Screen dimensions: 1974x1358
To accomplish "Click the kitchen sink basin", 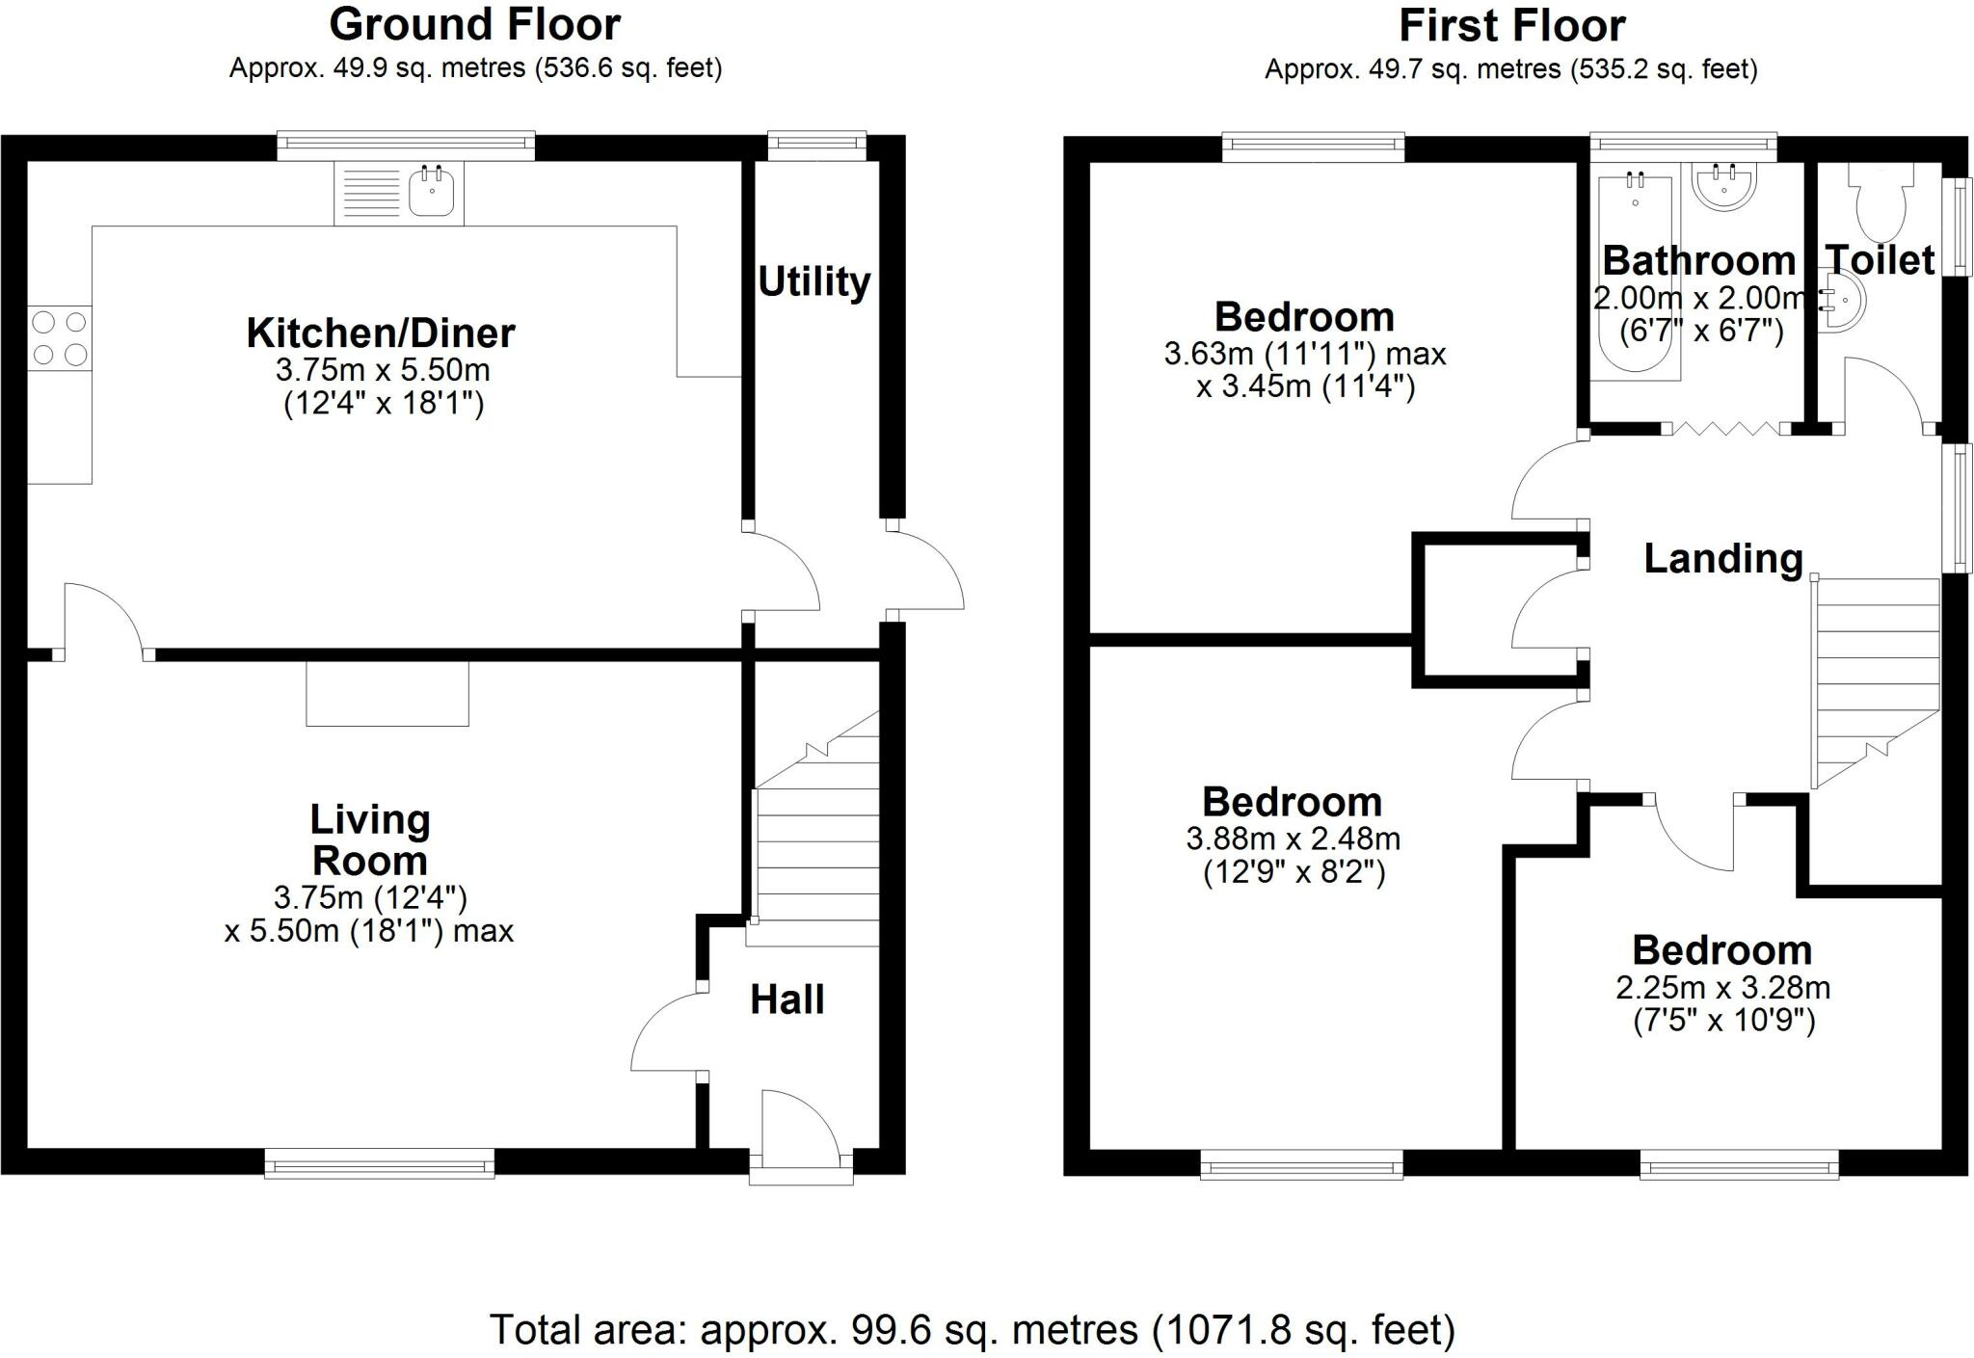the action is click(431, 192).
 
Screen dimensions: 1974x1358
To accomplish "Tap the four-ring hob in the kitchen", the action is click(60, 337).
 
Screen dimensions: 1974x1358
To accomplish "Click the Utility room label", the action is click(814, 281).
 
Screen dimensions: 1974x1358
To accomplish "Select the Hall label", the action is click(787, 999).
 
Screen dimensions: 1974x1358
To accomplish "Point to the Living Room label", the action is click(370, 839).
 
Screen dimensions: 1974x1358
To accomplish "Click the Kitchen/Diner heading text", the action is click(381, 333).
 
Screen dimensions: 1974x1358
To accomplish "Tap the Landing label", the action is click(1723, 559).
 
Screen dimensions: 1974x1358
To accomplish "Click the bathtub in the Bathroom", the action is click(1636, 272).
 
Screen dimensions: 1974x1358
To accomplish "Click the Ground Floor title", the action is click(475, 24).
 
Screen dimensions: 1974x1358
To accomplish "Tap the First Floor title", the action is click(1512, 25).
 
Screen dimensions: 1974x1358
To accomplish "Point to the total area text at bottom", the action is click(973, 1330).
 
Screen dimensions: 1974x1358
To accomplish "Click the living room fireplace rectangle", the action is click(387, 693).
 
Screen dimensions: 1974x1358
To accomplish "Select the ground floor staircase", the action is click(817, 829).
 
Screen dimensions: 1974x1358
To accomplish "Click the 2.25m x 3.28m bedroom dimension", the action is click(1723, 988).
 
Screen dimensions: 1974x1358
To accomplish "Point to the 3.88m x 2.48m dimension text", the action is click(1294, 839).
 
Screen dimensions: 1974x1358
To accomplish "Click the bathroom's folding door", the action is click(1726, 429).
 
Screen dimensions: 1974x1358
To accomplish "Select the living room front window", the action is click(380, 1163).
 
